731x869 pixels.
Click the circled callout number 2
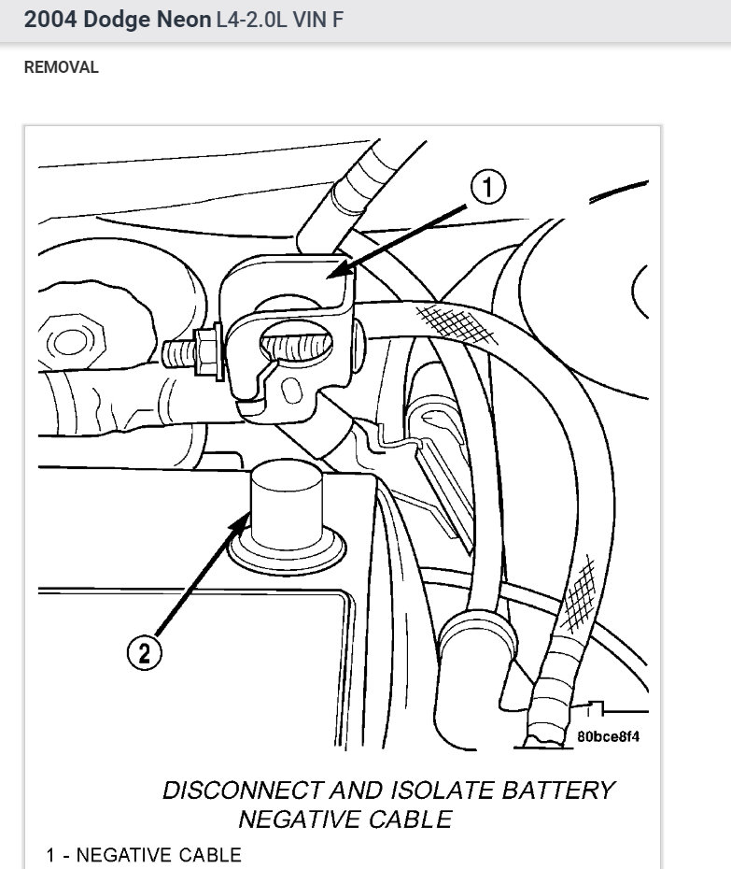coord(144,653)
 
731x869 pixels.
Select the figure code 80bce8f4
coord(608,736)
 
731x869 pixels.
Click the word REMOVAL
coord(61,67)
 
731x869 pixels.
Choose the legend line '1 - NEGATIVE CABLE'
coord(144,855)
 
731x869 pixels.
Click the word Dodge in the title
coord(116,20)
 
